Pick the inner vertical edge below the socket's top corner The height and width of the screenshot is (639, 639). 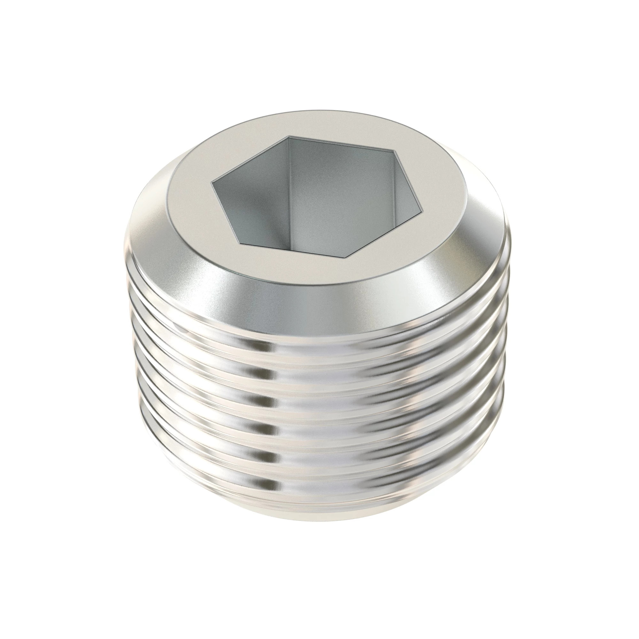click(289, 185)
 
